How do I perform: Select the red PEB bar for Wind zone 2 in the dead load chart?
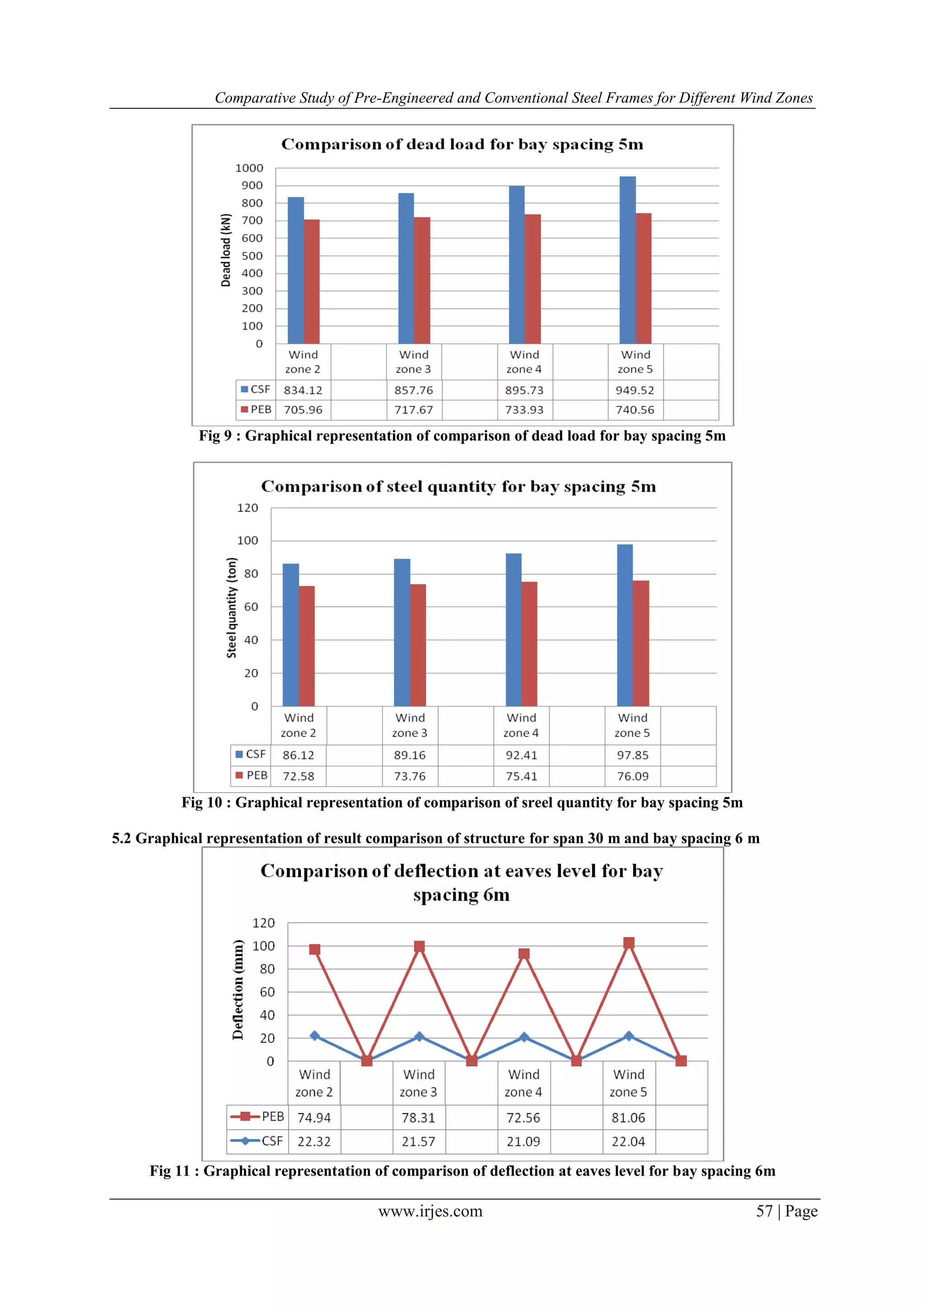[x=312, y=282]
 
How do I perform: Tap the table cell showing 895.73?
[x=524, y=390]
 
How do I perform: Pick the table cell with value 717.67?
[x=413, y=410]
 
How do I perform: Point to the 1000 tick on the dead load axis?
[x=249, y=168]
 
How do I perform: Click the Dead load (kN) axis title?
[x=226, y=250]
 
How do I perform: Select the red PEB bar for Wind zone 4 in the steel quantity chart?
[x=529, y=644]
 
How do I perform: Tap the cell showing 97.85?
[x=633, y=755]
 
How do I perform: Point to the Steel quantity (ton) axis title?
[x=231, y=608]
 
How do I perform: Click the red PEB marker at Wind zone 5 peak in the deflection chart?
[x=629, y=943]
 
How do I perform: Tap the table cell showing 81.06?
[x=628, y=1117]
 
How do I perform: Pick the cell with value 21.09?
[x=523, y=1141]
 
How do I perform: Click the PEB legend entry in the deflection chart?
[x=257, y=1117]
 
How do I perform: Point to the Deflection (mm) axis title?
[x=238, y=989]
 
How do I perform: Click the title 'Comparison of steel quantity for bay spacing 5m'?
[x=458, y=486]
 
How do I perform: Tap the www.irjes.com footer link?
[x=430, y=1211]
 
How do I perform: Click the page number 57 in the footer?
[x=764, y=1211]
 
